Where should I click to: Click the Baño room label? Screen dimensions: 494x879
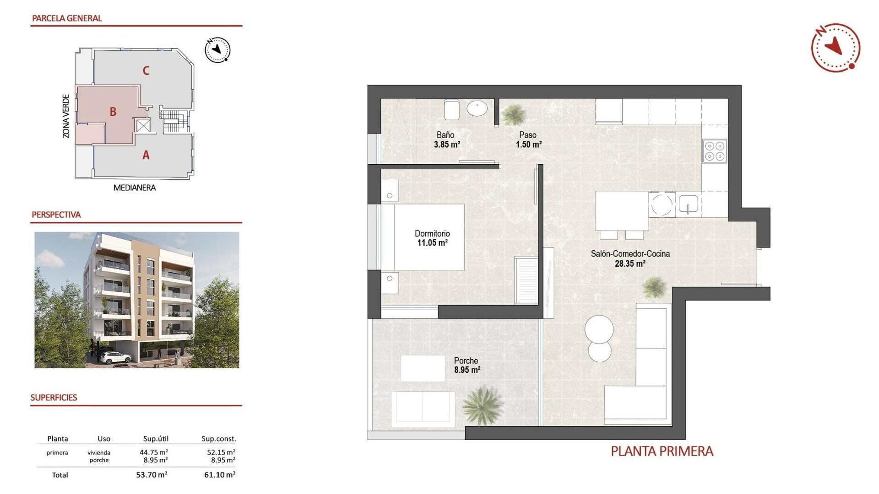pyautogui.click(x=445, y=135)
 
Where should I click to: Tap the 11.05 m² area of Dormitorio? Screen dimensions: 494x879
pyautogui.click(x=432, y=243)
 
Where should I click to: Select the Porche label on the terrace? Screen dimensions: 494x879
pyautogui.click(x=466, y=360)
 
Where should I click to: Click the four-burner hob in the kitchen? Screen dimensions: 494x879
pyautogui.click(x=714, y=151)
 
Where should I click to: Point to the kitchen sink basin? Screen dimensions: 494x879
pyautogui.click(x=688, y=204)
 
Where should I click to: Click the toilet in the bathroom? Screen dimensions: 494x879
pyautogui.click(x=451, y=109)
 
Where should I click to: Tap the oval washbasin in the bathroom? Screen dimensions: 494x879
pyautogui.click(x=477, y=108)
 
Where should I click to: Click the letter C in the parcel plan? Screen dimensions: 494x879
pyautogui.click(x=146, y=70)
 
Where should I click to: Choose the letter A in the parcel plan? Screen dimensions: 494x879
pyautogui.click(x=146, y=155)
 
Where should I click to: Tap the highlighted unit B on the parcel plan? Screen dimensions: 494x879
pyautogui.click(x=113, y=112)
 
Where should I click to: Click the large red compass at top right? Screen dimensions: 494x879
pyautogui.click(x=836, y=48)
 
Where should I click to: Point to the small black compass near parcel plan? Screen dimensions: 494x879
pyautogui.click(x=217, y=50)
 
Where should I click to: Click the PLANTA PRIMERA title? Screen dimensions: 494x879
pyautogui.click(x=662, y=451)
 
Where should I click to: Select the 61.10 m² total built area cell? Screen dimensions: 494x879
pyautogui.click(x=219, y=475)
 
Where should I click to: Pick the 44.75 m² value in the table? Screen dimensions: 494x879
pyautogui.click(x=153, y=452)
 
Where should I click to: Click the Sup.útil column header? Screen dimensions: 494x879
pyautogui.click(x=156, y=439)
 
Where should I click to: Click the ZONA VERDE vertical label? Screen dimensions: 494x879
pyautogui.click(x=66, y=116)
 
